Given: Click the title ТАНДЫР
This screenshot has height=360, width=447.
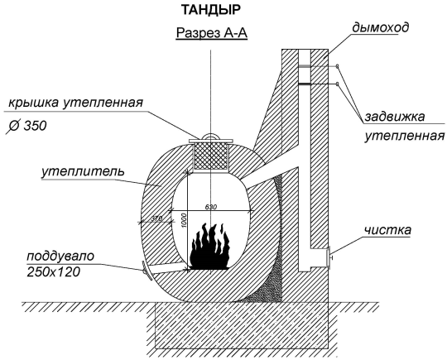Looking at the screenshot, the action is [211, 10].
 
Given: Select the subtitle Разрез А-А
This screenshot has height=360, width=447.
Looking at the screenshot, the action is [212, 33].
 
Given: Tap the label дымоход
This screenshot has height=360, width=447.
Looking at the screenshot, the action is [380, 27].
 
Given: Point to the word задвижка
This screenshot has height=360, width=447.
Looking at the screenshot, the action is [395, 117].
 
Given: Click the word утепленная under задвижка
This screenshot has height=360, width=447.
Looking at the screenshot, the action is [405, 136].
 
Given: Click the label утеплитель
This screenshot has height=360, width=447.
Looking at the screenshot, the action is [83, 172].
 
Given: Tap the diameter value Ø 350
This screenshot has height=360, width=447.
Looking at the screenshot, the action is [26, 126].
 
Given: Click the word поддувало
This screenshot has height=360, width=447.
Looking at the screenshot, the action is [60, 257].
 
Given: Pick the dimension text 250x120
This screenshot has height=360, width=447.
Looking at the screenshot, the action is [53, 272].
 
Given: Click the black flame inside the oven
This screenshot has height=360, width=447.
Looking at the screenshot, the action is [210, 247].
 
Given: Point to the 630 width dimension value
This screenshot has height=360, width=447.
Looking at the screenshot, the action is [211, 207].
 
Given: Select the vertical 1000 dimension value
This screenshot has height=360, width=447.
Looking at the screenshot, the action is [184, 220].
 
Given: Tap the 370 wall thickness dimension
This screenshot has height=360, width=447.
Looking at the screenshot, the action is [156, 218].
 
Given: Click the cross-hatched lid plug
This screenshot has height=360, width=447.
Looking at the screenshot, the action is [211, 156].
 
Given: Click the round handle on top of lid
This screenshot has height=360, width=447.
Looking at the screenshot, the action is [211, 137].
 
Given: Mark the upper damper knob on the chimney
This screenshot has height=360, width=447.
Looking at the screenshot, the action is [337, 67].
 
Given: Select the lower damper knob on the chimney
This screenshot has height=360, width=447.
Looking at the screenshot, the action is [337, 84].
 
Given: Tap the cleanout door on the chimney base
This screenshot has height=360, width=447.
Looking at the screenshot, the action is [329, 257].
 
